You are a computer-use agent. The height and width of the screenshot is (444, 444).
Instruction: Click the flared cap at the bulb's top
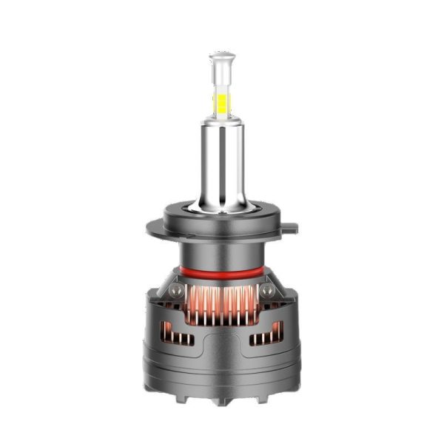222,56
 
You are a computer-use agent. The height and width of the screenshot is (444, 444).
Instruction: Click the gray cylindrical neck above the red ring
222,255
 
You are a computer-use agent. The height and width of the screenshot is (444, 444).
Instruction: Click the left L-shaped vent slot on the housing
178,337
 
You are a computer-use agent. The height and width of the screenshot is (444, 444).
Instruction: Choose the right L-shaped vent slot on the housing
266,337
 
